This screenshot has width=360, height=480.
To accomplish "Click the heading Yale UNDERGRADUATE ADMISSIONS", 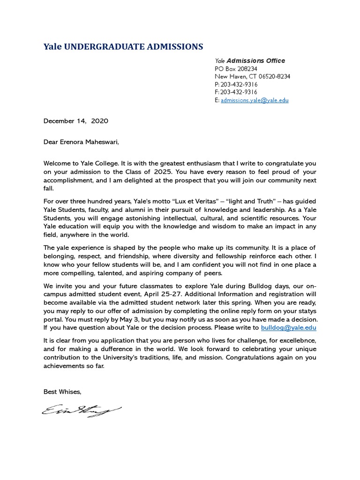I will pyautogui.click(x=123, y=46).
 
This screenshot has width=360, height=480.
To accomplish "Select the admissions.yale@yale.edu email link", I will pyautogui.click(x=255, y=100).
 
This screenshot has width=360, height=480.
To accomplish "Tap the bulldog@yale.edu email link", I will pyautogui.click(x=288, y=328).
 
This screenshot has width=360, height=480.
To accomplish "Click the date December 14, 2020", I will pyautogui.click(x=76, y=121).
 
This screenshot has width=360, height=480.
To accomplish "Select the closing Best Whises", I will pyautogui.click(x=62, y=391).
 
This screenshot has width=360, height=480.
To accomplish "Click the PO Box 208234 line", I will pyautogui.click(x=236, y=69).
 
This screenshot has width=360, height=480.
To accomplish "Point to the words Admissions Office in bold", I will pyautogui.click(x=256, y=61).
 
